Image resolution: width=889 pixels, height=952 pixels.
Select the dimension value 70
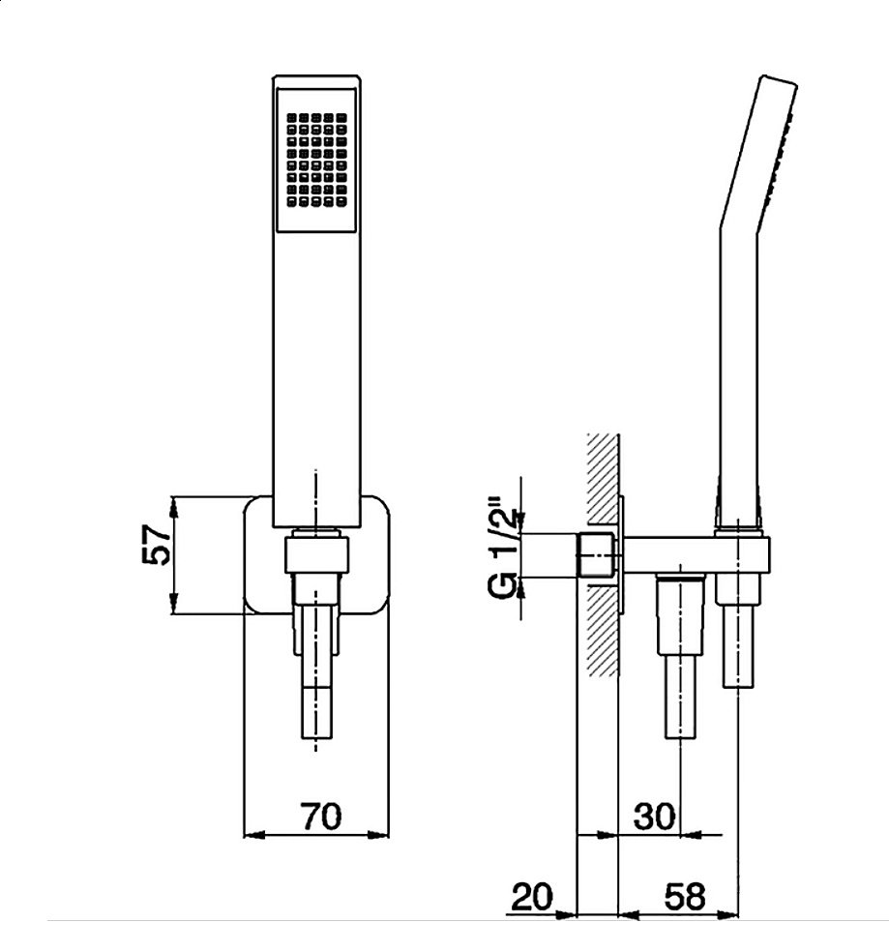point(319,816)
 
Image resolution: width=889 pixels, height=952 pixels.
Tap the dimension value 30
point(654,816)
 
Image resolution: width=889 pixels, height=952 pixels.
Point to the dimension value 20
point(530,896)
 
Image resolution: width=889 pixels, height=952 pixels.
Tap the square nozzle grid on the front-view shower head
point(316,161)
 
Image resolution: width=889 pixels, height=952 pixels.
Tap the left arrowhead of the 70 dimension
point(250,834)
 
